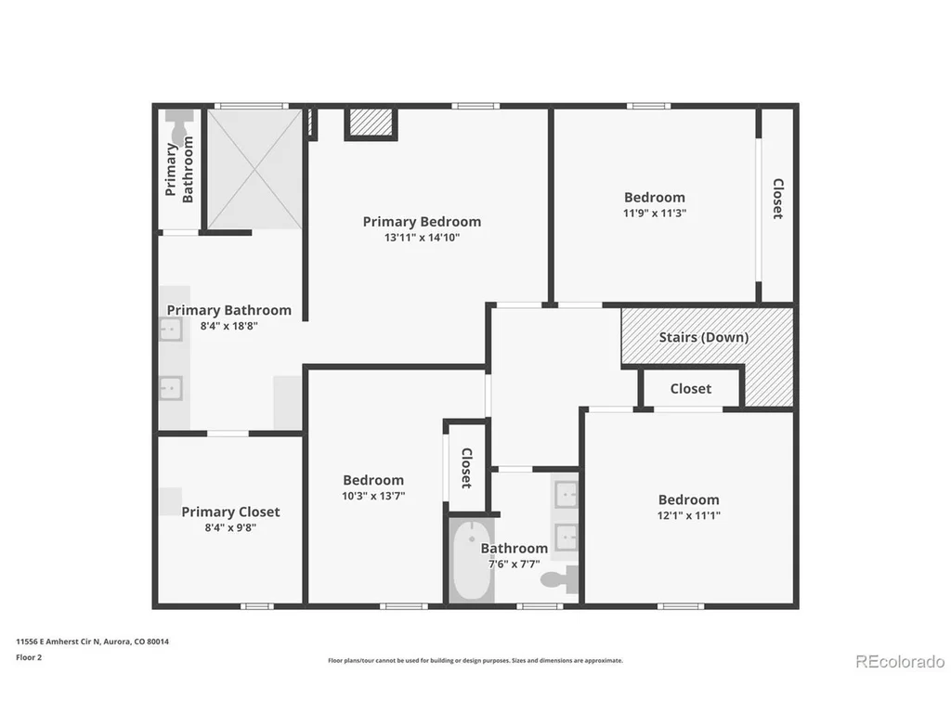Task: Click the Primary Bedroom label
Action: point(422,222)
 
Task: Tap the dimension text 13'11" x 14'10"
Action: point(422,238)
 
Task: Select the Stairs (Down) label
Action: point(704,337)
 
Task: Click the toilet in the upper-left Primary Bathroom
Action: point(179,126)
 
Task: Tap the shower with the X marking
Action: point(254,169)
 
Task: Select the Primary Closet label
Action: point(230,512)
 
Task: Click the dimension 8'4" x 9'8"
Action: point(230,527)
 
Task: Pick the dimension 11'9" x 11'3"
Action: point(655,214)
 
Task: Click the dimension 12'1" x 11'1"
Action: point(688,516)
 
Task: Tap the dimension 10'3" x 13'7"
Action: point(373,496)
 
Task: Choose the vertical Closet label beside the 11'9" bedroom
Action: point(777,199)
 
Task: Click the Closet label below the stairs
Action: point(691,389)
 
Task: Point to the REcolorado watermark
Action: point(900,661)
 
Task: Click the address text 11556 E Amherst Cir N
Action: point(58,642)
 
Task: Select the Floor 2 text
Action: point(29,657)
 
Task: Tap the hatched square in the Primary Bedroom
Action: point(371,123)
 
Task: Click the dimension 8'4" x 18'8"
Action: point(229,326)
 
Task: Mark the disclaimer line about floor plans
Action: point(475,661)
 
